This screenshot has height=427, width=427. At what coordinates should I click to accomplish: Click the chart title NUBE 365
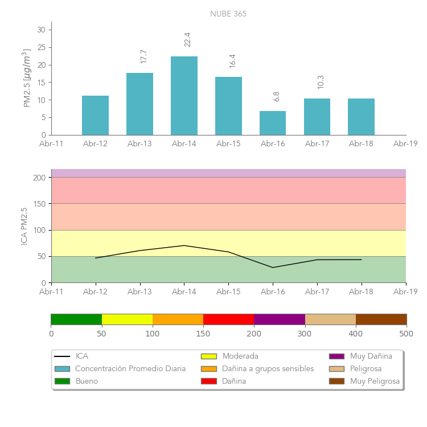(x=228, y=14)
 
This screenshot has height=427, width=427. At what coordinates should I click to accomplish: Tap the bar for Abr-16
(x=273, y=123)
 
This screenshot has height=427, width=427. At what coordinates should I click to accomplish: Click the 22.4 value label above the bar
(x=187, y=39)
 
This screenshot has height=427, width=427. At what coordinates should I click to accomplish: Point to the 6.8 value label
(x=276, y=96)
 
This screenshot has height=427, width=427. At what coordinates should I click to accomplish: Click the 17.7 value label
(x=143, y=56)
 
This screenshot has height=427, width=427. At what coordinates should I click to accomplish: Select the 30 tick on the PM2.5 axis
(x=40, y=30)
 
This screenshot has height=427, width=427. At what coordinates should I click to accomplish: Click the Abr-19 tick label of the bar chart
(x=405, y=143)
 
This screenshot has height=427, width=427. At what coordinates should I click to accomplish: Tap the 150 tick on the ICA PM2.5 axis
(x=39, y=204)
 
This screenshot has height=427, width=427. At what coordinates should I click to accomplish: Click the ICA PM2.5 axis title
(x=24, y=226)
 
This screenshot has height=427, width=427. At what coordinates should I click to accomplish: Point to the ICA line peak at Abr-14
(x=184, y=245)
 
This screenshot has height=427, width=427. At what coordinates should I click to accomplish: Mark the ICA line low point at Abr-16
(x=273, y=268)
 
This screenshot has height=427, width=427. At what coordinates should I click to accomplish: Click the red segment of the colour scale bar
(x=228, y=319)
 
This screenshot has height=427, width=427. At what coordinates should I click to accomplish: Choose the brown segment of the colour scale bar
(x=381, y=319)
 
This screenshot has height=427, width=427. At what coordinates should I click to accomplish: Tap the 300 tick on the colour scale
(x=305, y=334)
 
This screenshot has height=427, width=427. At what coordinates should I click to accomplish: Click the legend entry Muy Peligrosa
(x=375, y=381)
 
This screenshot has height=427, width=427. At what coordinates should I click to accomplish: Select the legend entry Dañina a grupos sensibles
(x=268, y=368)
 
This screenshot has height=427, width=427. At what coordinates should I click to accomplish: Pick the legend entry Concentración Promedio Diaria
(x=130, y=368)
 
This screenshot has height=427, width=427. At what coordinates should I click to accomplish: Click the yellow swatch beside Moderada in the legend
(x=209, y=356)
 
